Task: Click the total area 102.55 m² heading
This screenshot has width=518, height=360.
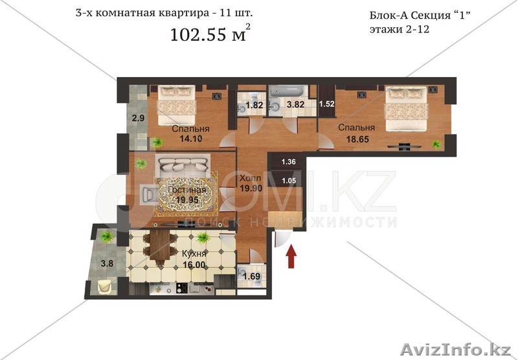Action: click(x=209, y=34)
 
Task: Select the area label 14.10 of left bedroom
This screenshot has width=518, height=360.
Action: click(x=186, y=137)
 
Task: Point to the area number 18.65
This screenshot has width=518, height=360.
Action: click(x=353, y=138)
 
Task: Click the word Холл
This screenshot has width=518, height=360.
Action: click(x=251, y=178)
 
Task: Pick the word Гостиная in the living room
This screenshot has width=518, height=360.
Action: click(x=186, y=190)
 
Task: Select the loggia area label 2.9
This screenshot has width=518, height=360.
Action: click(x=138, y=118)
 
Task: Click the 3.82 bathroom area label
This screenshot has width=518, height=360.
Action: click(x=295, y=106)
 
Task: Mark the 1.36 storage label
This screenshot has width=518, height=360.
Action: click(x=289, y=162)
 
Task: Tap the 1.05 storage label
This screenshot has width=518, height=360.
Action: click(x=289, y=180)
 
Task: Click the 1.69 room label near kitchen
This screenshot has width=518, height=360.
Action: click(x=251, y=278)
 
